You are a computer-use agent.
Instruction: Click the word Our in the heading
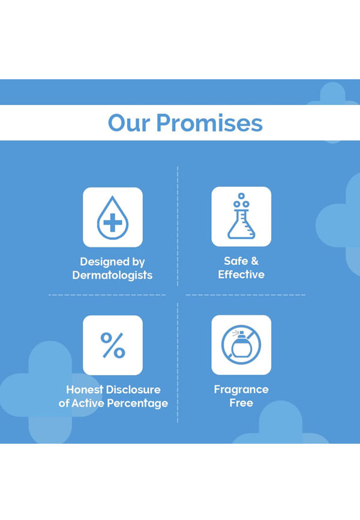click(x=129, y=123)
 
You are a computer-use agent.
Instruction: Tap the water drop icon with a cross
click(x=113, y=217)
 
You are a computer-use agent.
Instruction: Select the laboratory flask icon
click(x=241, y=216)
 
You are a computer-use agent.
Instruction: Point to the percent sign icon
click(x=113, y=345)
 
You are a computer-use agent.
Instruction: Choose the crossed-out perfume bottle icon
click(x=241, y=345)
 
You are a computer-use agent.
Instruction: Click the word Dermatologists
click(x=112, y=275)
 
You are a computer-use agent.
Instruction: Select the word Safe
click(x=236, y=261)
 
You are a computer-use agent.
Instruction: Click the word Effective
click(x=241, y=274)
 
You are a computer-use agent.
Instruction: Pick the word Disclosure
click(x=134, y=389)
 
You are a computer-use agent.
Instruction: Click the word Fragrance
click(x=241, y=390)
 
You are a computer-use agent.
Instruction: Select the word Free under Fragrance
click(x=241, y=403)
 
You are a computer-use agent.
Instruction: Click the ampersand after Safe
click(x=254, y=261)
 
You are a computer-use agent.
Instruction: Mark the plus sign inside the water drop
click(x=113, y=222)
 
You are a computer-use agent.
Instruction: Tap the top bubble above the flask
click(x=241, y=196)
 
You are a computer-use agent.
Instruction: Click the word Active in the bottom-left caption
click(x=88, y=404)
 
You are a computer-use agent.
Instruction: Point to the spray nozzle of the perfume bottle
click(x=241, y=333)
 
